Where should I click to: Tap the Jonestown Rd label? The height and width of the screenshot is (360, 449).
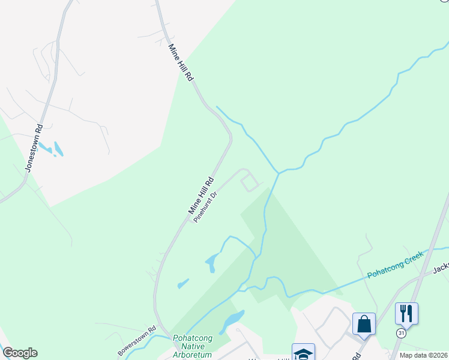pos(34,148)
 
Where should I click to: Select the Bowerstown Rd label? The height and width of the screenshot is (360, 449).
pos(137,339)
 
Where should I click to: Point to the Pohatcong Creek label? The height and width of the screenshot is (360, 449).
pos(397,268)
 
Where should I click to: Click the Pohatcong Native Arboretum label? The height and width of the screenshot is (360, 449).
pos(193,346)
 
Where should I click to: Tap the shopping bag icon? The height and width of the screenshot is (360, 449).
pos(364,324)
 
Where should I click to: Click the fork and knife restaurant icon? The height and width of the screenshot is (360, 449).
pos(406,313)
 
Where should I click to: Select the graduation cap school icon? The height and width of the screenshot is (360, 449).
pos(303,353)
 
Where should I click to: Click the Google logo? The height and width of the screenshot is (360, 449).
pos(20,353)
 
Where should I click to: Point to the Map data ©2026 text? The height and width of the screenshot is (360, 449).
pos(423,355)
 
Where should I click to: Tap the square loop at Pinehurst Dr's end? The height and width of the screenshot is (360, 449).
pos(251,182)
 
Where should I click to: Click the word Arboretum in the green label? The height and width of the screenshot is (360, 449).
pos(193,355)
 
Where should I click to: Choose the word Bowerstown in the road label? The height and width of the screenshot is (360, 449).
pos(133,341)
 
